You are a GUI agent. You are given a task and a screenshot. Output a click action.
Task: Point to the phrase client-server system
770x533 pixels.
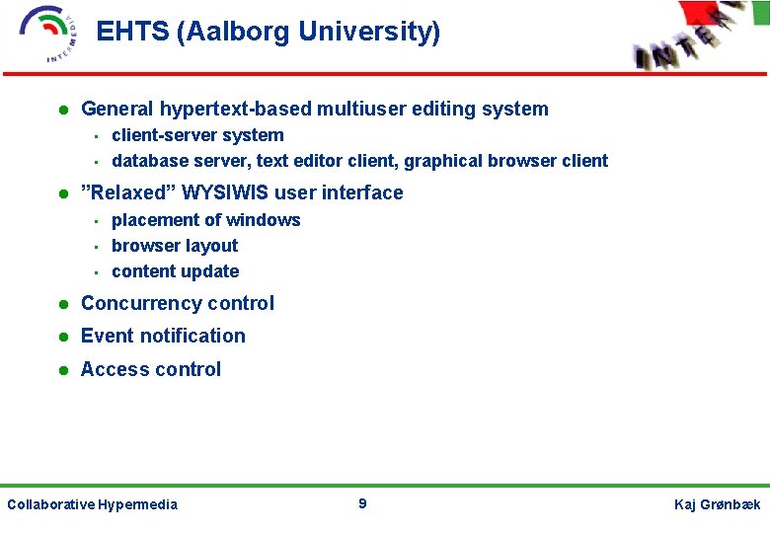(197, 136)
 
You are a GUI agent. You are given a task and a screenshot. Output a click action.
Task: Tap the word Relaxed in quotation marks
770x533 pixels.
(123, 192)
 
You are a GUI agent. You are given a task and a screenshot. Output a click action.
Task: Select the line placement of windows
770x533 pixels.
(205, 220)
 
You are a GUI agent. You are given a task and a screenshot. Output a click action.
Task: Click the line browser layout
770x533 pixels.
(175, 246)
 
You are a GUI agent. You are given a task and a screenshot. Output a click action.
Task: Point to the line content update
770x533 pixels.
(175, 271)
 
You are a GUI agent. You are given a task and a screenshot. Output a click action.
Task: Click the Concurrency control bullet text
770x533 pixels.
(178, 304)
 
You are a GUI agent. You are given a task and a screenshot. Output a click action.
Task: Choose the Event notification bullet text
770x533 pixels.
(163, 337)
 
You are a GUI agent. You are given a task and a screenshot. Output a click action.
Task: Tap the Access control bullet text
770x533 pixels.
(151, 370)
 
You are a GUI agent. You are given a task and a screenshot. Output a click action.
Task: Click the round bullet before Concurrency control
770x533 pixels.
(61, 305)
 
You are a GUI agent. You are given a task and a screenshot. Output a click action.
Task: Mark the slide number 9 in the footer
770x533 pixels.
(362, 504)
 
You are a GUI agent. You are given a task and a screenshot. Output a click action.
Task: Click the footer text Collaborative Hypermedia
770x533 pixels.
(92, 505)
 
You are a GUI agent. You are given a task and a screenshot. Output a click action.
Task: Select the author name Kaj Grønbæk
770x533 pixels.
(717, 505)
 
